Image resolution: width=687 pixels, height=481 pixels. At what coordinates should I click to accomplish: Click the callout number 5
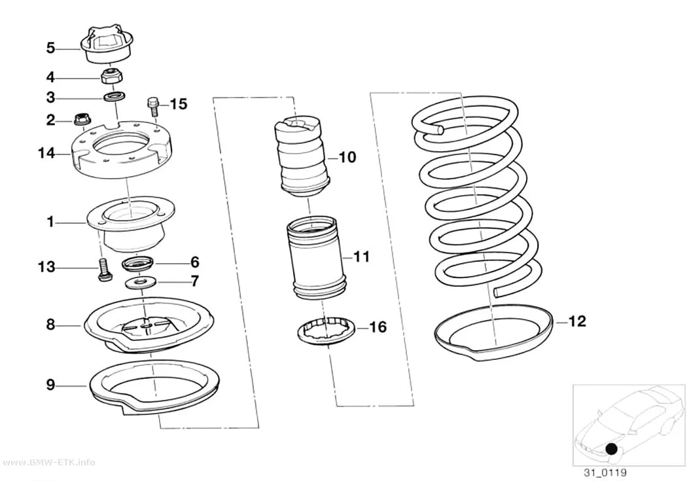pyautogui.click(x=51, y=48)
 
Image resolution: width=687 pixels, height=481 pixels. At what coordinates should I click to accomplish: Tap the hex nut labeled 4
pyautogui.click(x=111, y=76)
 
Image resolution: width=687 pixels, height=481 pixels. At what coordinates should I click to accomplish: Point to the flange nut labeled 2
pyautogui.click(x=80, y=118)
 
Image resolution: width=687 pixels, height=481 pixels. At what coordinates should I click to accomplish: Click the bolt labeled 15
pyautogui.click(x=153, y=106)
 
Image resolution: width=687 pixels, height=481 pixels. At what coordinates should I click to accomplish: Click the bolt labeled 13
pyautogui.click(x=103, y=270)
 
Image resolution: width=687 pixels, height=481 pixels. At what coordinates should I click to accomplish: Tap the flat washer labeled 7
pyautogui.click(x=140, y=283)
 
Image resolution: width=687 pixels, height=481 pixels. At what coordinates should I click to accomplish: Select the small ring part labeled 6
pyautogui.click(x=138, y=264)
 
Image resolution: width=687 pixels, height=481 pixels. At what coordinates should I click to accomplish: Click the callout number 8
pyautogui.click(x=51, y=325)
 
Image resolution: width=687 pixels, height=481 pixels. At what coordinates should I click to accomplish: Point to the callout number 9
pyautogui.click(x=51, y=385)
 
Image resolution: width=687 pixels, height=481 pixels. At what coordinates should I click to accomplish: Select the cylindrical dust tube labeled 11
pyautogui.click(x=317, y=258)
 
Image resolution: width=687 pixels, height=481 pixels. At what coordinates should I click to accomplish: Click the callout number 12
pyautogui.click(x=577, y=321)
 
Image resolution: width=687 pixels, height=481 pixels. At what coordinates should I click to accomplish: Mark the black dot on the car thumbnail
pyautogui.click(x=612, y=448)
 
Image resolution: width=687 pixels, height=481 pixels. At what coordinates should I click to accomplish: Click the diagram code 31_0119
pyautogui.click(x=605, y=472)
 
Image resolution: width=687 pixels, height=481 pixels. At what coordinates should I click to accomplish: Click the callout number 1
pyautogui.click(x=51, y=222)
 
